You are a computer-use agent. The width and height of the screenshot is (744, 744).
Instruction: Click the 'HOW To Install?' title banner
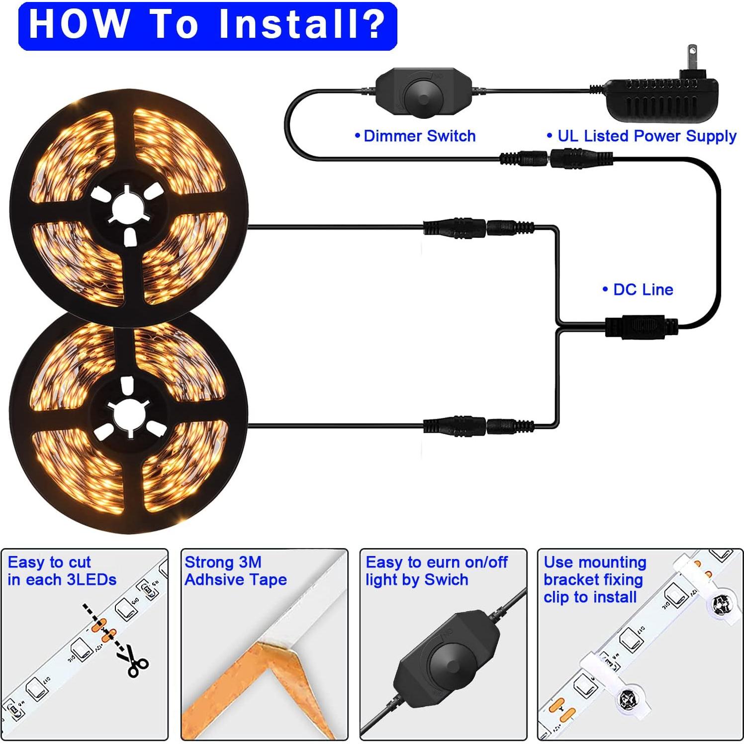tap(207, 26)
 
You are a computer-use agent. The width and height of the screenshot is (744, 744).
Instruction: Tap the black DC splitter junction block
tap(641, 327)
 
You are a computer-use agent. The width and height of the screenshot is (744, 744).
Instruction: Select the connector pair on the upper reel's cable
tap(478, 228)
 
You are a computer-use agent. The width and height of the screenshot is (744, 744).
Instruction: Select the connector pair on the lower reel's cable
tap(478, 426)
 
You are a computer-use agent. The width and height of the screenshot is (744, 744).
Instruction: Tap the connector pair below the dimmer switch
tap(556, 160)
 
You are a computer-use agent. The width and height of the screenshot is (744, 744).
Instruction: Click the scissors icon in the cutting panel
tap(132, 661)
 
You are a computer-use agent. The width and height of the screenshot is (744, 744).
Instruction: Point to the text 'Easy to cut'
tap(49, 562)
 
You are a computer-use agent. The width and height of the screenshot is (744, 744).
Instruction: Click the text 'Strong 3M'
tap(223, 562)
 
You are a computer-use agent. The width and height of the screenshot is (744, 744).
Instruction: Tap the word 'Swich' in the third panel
tap(446, 580)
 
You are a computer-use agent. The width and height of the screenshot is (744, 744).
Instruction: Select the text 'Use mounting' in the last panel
tap(595, 562)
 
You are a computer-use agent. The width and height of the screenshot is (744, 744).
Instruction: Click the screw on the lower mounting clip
tap(627, 700)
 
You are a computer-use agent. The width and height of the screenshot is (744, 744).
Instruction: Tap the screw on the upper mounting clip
tap(720, 604)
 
